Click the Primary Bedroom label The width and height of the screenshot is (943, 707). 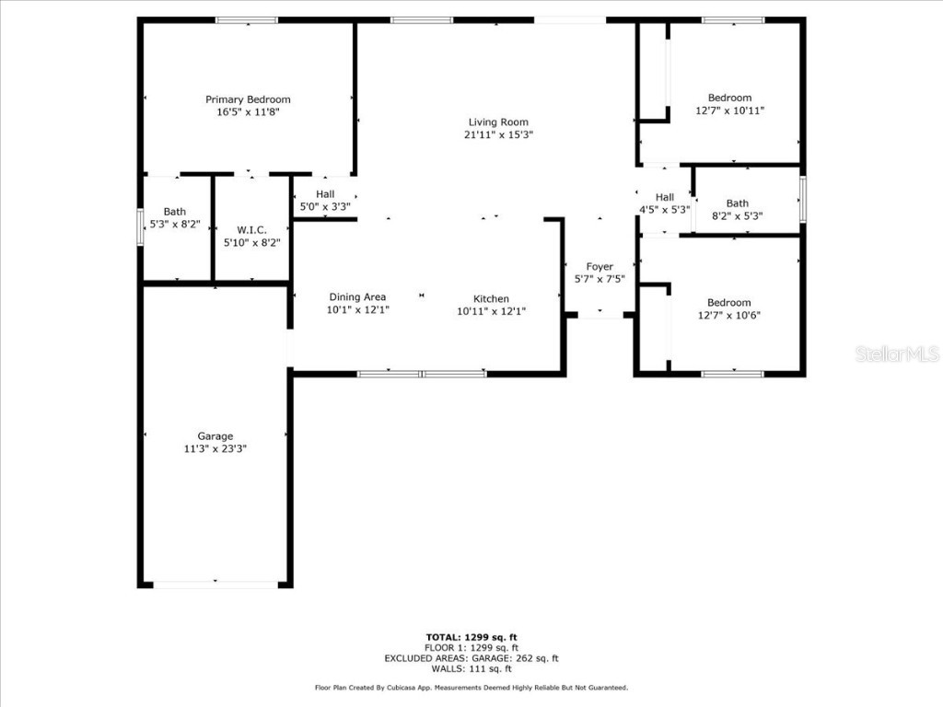coord(248,99)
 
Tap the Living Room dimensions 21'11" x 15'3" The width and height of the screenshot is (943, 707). coord(498,134)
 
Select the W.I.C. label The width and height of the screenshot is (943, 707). coord(251,230)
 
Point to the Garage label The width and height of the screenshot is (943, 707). coord(215,436)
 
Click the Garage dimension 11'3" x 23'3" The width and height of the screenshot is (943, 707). coord(215,449)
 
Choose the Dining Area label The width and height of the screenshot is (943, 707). coord(357,297)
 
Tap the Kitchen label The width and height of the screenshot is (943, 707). coord(491,299)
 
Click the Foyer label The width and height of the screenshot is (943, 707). coord(600,267)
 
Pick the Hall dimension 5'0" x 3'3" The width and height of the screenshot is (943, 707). coord(325,207)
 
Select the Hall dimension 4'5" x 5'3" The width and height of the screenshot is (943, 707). coord(665,210)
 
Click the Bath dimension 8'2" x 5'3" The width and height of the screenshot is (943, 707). coord(737,216)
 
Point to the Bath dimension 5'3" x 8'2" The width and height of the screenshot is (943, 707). coord(174,225)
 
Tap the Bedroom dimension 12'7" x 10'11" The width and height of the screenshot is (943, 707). coord(729,110)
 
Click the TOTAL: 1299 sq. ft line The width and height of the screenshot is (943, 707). coord(471,637)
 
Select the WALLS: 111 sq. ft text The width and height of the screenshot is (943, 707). coord(471,668)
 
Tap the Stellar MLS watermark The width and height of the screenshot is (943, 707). coord(896,353)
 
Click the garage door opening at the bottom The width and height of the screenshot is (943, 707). coord(215,584)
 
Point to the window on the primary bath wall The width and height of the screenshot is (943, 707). coord(141,227)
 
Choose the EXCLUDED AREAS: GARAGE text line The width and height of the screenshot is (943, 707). coord(471,658)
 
